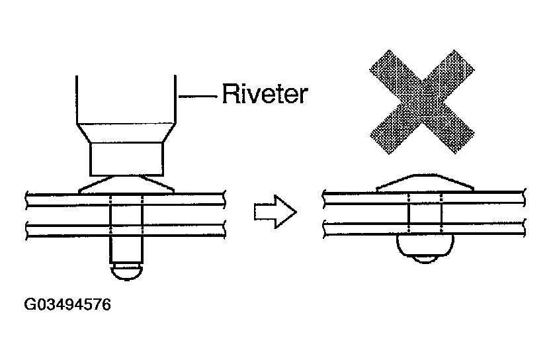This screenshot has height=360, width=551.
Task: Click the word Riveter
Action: (265, 93)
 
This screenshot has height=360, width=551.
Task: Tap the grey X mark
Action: (422, 102)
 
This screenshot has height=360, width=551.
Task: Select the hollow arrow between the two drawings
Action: (275, 212)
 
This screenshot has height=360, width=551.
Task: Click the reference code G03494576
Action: (67, 304)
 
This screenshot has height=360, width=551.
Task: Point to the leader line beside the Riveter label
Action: (198, 96)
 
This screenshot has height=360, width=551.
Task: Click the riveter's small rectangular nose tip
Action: (126, 159)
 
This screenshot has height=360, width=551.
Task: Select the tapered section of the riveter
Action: (126, 133)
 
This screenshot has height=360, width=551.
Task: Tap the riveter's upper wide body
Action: (126, 99)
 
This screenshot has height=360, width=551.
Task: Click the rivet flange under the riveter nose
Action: (126, 184)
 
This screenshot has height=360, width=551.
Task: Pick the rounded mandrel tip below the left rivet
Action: (126, 272)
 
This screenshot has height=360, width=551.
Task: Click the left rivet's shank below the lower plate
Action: (126, 249)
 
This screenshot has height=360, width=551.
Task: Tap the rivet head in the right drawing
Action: (425, 183)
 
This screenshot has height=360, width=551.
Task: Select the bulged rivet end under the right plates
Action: (425, 245)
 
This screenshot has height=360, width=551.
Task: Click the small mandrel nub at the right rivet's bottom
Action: (425, 259)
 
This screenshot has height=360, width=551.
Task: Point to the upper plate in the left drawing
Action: (126, 199)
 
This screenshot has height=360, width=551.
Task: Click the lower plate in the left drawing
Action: (126, 229)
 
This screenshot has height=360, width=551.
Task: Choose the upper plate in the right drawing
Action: (424, 198)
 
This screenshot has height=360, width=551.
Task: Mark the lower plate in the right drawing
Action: (424, 228)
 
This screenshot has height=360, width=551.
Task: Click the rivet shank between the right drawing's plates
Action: (425, 213)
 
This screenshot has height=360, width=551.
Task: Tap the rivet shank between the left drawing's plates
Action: (126, 215)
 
